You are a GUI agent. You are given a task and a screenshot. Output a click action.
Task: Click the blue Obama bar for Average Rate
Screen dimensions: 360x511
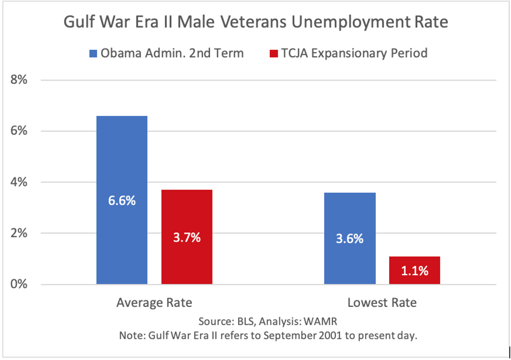point(122,167)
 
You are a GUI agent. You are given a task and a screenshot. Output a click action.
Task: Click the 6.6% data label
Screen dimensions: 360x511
point(122,201)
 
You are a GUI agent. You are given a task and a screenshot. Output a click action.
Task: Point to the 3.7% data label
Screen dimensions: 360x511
point(187,238)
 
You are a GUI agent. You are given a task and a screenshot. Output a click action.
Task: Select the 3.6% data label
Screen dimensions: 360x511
point(350,238)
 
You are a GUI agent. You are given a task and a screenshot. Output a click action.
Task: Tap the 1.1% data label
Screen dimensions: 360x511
point(414,271)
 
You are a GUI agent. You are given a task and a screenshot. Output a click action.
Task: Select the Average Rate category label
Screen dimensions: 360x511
point(154,303)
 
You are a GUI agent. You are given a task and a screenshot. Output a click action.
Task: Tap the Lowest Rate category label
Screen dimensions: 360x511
point(382,303)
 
